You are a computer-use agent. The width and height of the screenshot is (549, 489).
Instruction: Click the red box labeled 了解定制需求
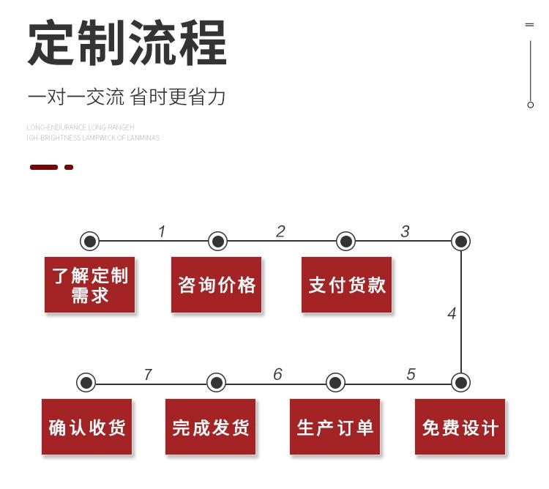pyautogui.click(x=90, y=285)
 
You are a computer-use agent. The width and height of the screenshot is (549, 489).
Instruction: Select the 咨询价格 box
pyautogui.click(x=217, y=285)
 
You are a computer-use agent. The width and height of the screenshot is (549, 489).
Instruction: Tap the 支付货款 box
pyautogui.click(x=346, y=285)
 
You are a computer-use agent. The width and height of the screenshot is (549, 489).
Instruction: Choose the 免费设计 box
pyautogui.click(x=460, y=427)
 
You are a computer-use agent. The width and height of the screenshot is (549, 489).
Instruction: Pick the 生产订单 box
pyautogui.click(x=335, y=427)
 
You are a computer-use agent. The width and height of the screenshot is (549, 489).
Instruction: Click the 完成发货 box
pyautogui.click(x=211, y=427)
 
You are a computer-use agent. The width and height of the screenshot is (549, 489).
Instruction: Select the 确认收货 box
pyautogui.click(x=87, y=427)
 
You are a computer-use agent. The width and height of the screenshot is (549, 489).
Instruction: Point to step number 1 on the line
pyautogui.click(x=162, y=232)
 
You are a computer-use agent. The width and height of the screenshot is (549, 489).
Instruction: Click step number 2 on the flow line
pyautogui.click(x=280, y=232)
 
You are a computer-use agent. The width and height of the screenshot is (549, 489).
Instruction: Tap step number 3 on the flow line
pyautogui.click(x=405, y=232)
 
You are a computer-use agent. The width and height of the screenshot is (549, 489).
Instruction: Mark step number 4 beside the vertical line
pyautogui.click(x=452, y=314)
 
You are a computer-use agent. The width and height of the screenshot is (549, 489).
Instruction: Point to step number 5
pyautogui.click(x=411, y=375)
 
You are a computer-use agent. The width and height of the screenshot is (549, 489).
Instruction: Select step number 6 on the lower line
pyautogui.click(x=277, y=375)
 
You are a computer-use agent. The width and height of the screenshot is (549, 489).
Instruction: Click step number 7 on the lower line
pyautogui.click(x=148, y=375)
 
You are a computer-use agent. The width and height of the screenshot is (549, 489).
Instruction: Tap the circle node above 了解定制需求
pyautogui.click(x=89, y=241)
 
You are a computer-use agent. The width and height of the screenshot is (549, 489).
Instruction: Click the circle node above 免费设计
pyautogui.click(x=460, y=382)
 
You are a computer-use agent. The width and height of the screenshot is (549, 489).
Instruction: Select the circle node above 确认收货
pyautogui.click(x=86, y=382)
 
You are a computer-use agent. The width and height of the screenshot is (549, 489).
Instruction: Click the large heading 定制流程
pyautogui.click(x=127, y=44)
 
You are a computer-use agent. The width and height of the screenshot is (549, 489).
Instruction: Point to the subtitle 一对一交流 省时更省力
pyautogui.click(x=126, y=97)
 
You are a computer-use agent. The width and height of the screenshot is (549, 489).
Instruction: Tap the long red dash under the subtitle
pyautogui.click(x=44, y=168)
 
